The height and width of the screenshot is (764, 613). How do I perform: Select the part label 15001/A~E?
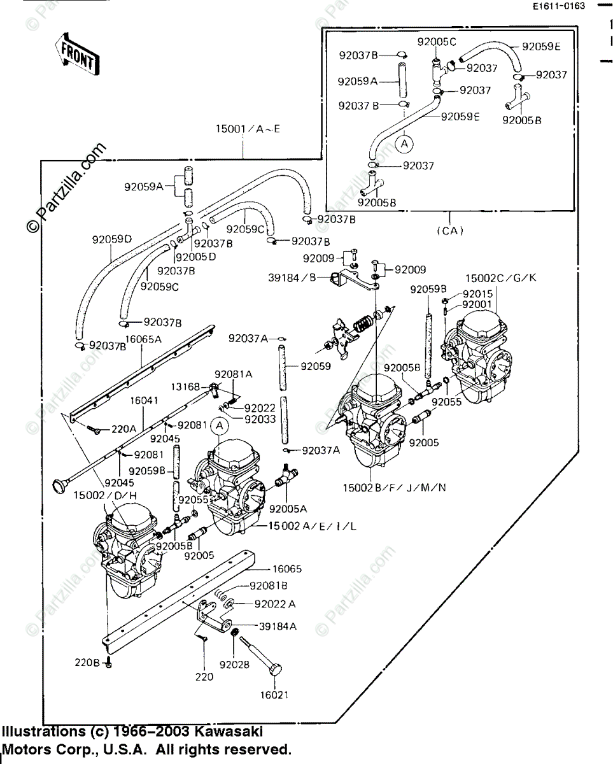248,130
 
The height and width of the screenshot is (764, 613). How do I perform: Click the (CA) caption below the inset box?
450,230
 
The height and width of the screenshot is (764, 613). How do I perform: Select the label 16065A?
143,340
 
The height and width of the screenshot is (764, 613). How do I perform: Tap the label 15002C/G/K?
500,278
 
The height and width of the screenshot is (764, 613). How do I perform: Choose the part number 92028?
232,665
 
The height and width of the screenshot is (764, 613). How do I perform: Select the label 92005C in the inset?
437,42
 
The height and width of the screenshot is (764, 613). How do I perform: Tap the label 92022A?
275,603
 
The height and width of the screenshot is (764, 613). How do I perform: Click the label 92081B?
268,585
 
